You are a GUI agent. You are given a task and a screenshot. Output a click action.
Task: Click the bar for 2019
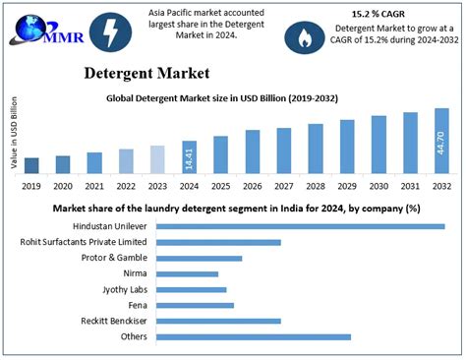(x=31, y=164)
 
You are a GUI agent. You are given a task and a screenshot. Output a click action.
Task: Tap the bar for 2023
(x=157, y=158)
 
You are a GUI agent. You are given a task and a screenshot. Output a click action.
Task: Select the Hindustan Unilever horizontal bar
(x=300, y=225)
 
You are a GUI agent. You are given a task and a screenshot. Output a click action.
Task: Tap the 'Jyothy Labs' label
(x=125, y=289)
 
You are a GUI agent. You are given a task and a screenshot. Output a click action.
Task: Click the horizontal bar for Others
(x=253, y=336)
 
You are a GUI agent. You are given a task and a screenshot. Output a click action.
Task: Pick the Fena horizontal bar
(x=195, y=305)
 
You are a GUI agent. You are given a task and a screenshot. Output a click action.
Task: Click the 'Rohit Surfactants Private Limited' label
(x=84, y=241)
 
